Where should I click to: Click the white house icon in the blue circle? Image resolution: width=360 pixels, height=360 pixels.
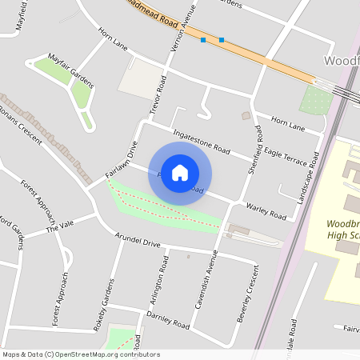coord(180,173)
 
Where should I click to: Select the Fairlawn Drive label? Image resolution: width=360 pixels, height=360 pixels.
coord(122,159)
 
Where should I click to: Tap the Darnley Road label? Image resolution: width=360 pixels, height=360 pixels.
coord(167,320)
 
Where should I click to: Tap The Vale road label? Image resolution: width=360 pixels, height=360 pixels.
coord(59,226)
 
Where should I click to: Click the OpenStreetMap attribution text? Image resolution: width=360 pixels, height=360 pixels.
coord(81,354)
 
